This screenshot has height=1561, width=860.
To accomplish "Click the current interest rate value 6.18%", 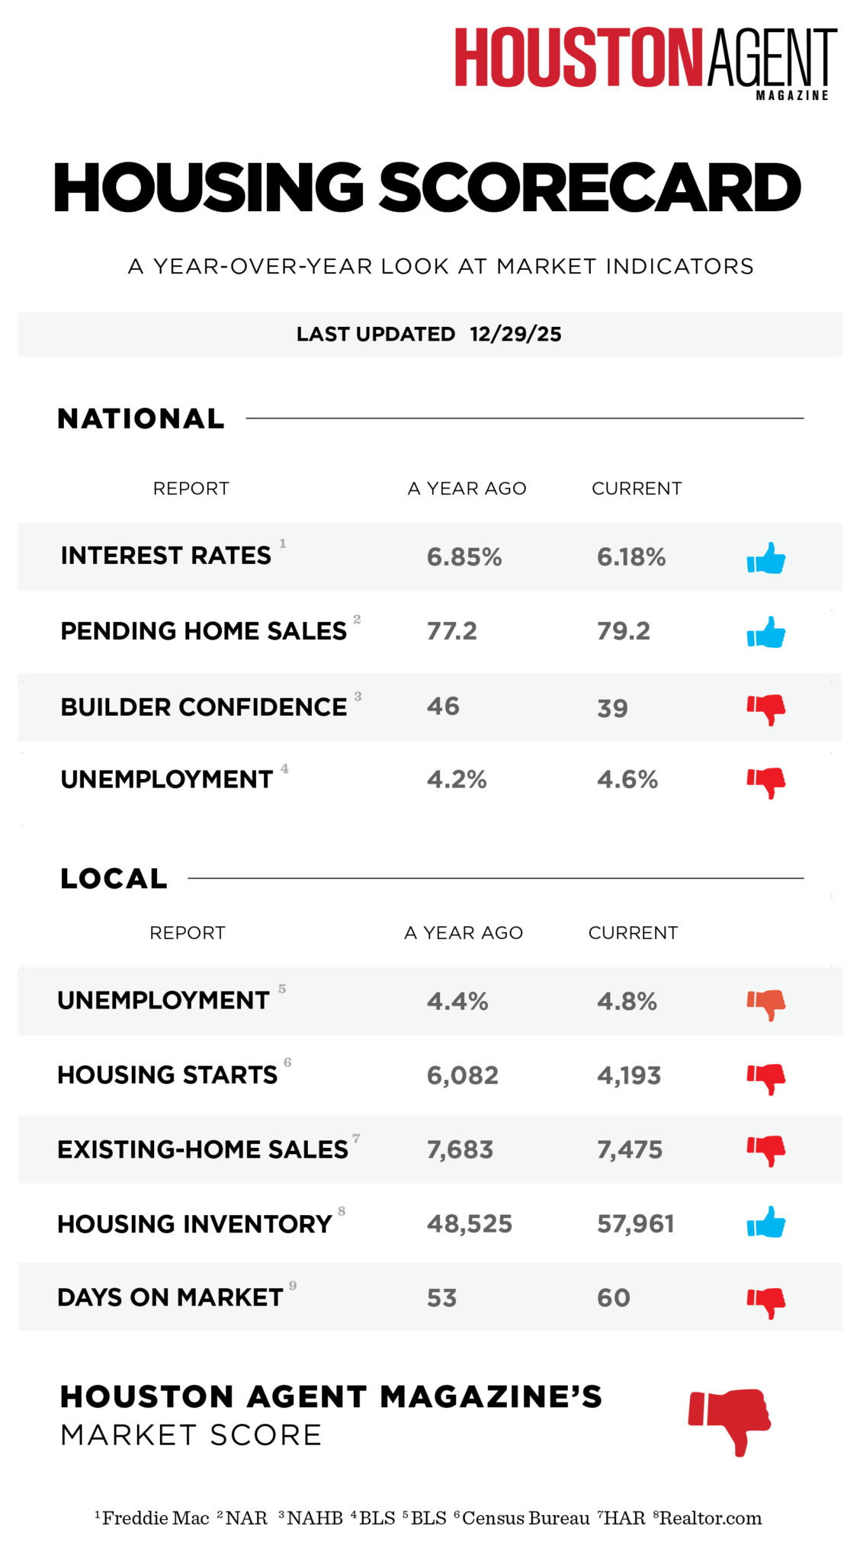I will click(x=631, y=557).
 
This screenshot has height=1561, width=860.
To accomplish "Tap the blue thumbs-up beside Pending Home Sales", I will click(x=766, y=632).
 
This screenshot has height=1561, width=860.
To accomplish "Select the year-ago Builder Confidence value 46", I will click(x=443, y=707).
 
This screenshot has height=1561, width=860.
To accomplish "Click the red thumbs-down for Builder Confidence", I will click(x=766, y=709).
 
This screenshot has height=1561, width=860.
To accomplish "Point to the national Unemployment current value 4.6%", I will click(x=627, y=780).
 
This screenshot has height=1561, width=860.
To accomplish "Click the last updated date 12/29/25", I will click(x=515, y=335).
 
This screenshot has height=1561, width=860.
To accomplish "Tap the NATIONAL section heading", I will click(x=141, y=418).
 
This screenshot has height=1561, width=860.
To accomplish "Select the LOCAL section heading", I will click(x=114, y=879).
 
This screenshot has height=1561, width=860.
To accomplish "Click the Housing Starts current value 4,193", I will click(x=629, y=1075).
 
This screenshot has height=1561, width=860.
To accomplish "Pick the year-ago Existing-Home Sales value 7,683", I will click(x=460, y=1149).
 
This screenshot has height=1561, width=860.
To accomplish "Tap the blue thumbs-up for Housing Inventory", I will click(x=766, y=1223).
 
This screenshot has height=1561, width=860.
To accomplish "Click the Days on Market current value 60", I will click(x=614, y=1297).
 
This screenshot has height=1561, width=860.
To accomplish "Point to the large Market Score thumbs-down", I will click(x=730, y=1419).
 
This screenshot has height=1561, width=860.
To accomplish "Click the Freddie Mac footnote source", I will click(x=155, y=1518).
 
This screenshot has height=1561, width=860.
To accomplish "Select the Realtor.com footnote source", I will click(x=710, y=1518).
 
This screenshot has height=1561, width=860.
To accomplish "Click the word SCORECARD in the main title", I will click(x=589, y=188).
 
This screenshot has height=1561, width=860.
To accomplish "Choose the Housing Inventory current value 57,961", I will click(x=635, y=1224).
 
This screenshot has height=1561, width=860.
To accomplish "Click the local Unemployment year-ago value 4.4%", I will click(x=457, y=1001).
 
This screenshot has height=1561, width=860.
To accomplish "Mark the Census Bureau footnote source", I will click(x=525, y=1518).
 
